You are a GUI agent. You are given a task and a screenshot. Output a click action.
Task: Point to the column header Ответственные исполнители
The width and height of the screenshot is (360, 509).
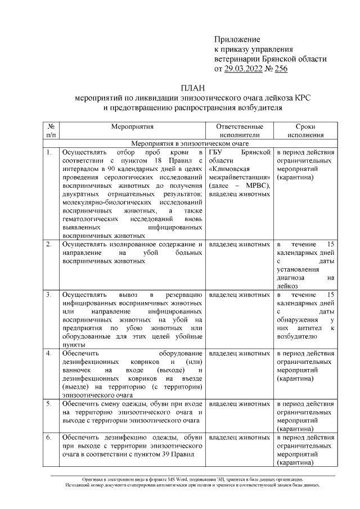coord(240,131)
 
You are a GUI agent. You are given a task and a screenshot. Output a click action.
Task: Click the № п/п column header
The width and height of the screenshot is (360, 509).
coord(51,131)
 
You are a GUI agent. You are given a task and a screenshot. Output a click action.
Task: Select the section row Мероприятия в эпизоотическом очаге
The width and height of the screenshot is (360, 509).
coord(193,143)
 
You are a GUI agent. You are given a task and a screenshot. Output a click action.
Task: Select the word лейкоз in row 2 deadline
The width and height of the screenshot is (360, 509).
coord(289,286)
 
